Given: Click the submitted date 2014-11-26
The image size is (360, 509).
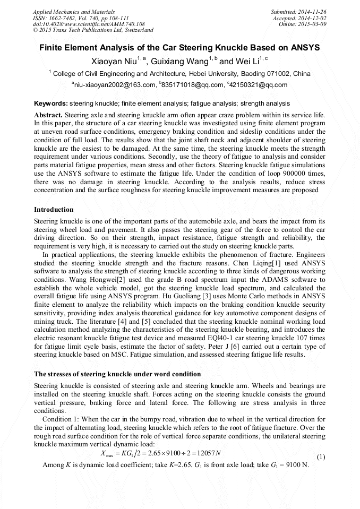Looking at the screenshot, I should (x=313, y=11).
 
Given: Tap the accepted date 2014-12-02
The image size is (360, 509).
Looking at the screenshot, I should (x=313, y=18).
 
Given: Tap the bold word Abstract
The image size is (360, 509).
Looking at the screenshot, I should (x=48, y=115).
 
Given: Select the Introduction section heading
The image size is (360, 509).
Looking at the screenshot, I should (x=54, y=210).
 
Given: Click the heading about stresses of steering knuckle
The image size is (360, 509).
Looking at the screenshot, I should (x=117, y=374).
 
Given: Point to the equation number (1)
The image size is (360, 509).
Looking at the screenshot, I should (x=321, y=457).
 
